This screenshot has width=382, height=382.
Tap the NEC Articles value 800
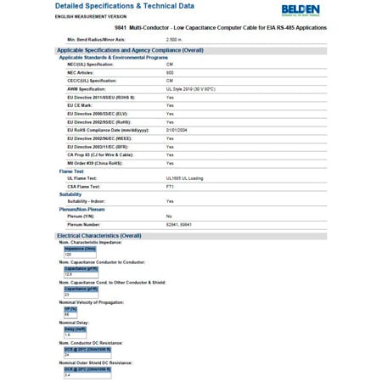(170, 72)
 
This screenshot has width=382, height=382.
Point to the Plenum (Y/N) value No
(169, 216)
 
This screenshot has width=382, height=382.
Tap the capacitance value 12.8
(69, 274)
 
